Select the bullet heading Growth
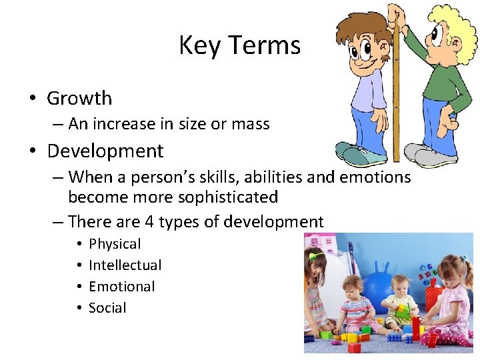[x=79, y=98]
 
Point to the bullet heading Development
[x=105, y=151]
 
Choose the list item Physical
[x=115, y=244]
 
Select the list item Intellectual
[x=125, y=265]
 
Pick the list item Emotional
[x=121, y=287]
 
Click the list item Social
[x=107, y=308]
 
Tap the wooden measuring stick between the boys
[x=396, y=93]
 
